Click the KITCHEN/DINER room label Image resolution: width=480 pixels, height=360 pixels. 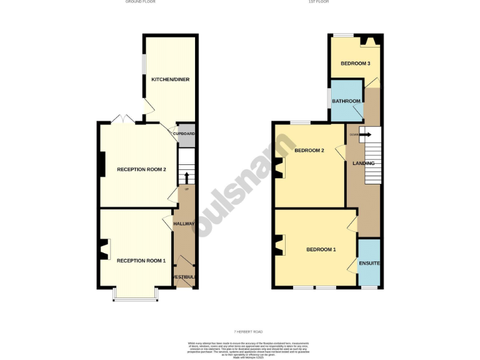pyautogui.click(x=170, y=79)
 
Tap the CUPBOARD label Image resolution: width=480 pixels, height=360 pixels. pyautogui.click(x=184, y=134)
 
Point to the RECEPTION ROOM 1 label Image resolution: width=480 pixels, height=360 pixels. pyautogui.click(x=141, y=260)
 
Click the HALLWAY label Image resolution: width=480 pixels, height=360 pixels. pyautogui.click(x=184, y=224)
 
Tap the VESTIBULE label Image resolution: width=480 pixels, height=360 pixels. pyautogui.click(x=185, y=276)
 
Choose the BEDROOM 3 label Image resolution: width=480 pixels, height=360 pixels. pyautogui.click(x=355, y=64)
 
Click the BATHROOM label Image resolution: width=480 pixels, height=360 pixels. pyautogui.click(x=346, y=101)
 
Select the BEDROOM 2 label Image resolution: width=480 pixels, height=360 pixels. pyautogui.click(x=309, y=150)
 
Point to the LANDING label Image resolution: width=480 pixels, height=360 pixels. pyautogui.click(x=364, y=164)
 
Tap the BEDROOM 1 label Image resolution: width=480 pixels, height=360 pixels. pyautogui.click(x=321, y=249)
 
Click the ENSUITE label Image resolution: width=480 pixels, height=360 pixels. pyautogui.click(x=369, y=263)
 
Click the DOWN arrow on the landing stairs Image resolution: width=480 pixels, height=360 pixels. pyautogui.click(x=364, y=134)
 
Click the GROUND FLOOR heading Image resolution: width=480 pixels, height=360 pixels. pyautogui.click(x=140, y=2)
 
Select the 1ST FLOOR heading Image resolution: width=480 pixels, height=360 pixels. pyautogui.click(x=318, y=2)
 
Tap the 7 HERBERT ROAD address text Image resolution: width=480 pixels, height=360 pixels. pyautogui.click(x=240, y=331)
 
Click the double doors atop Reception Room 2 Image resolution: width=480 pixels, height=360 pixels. pyautogui.click(x=120, y=119)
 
